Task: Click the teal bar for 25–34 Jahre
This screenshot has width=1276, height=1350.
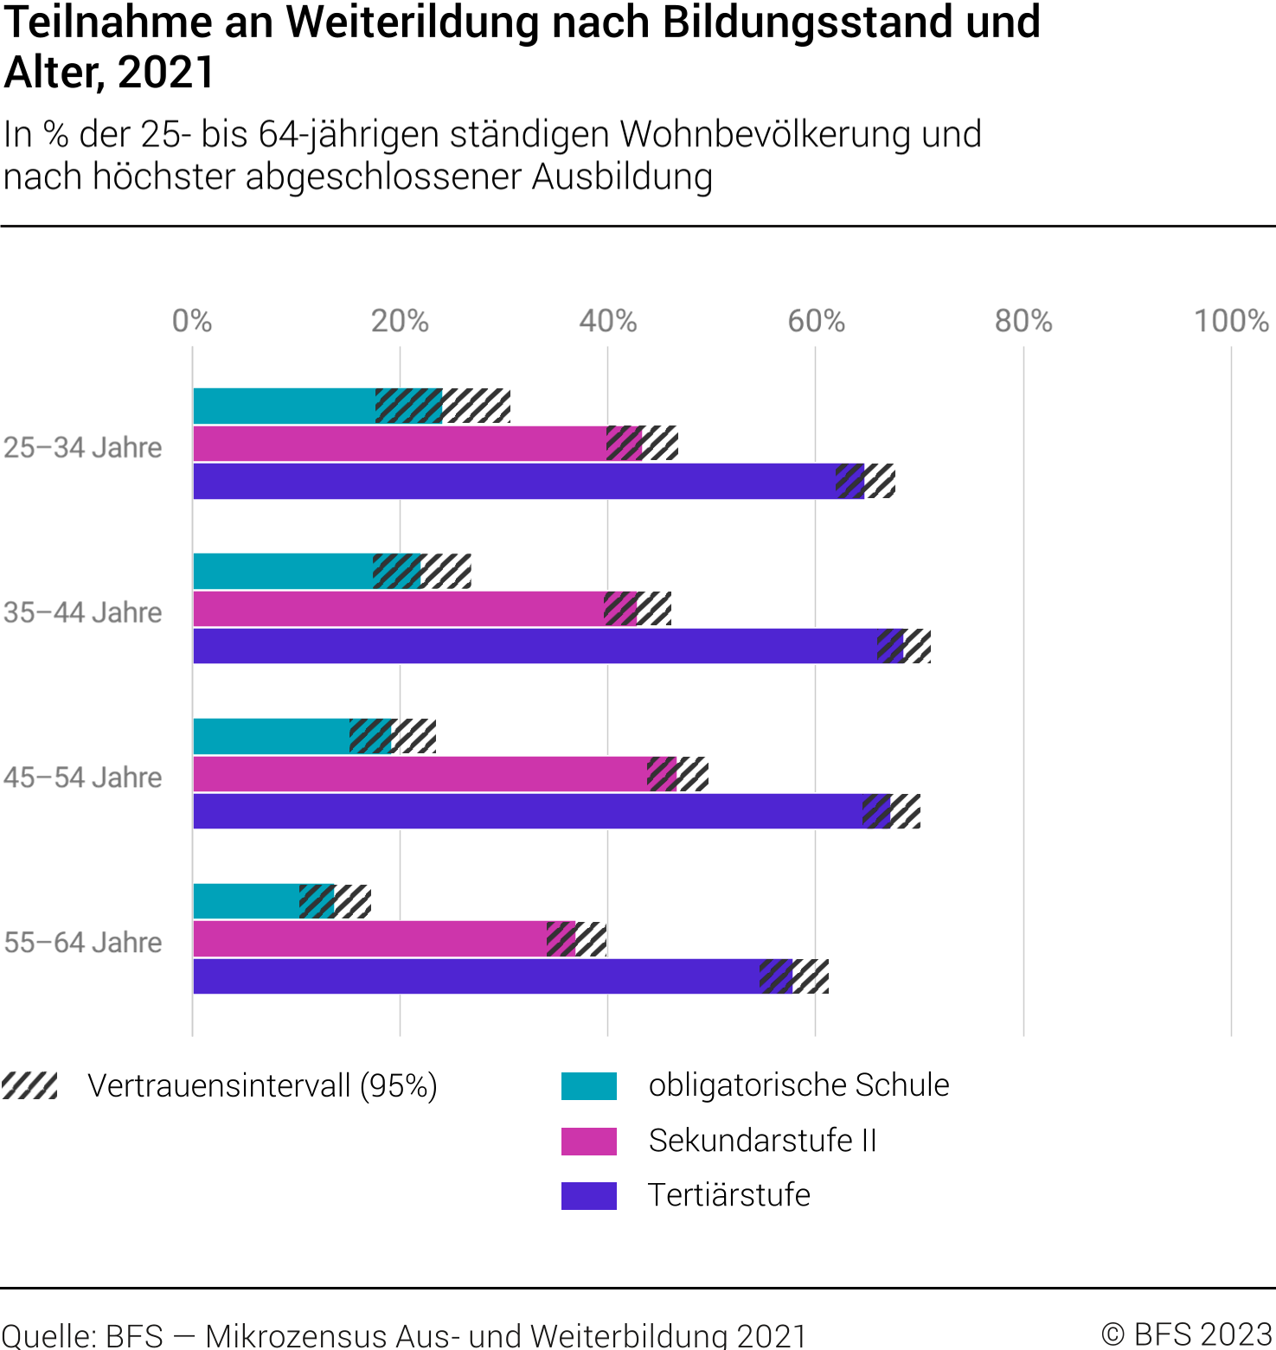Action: click(x=285, y=406)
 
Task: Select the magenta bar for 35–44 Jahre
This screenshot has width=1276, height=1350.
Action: click(x=398, y=609)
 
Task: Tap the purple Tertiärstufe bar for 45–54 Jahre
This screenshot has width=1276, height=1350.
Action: click(x=528, y=811)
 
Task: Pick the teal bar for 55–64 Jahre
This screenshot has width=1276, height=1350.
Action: click(x=247, y=901)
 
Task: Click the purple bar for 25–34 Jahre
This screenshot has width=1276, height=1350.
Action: click(x=515, y=481)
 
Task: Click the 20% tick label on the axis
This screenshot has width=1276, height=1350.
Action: click(x=400, y=322)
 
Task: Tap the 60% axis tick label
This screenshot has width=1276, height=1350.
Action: click(x=816, y=322)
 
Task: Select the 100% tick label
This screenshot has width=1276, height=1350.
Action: click(x=1231, y=322)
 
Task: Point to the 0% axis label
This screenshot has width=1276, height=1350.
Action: click(x=192, y=322)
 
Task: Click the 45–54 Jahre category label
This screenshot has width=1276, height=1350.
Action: click(x=83, y=777)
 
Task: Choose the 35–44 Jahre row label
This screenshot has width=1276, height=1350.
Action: click(x=83, y=612)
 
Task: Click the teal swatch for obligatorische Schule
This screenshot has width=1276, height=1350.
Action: click(x=589, y=1085)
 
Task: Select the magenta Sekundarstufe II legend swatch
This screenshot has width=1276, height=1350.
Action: click(x=589, y=1141)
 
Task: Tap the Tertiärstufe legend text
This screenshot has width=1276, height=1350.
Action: click(x=729, y=1195)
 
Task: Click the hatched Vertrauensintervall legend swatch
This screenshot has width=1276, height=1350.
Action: click(x=29, y=1085)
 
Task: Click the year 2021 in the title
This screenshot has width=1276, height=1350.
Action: click(x=166, y=72)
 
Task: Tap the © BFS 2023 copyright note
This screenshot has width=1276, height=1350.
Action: click(x=1187, y=1334)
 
